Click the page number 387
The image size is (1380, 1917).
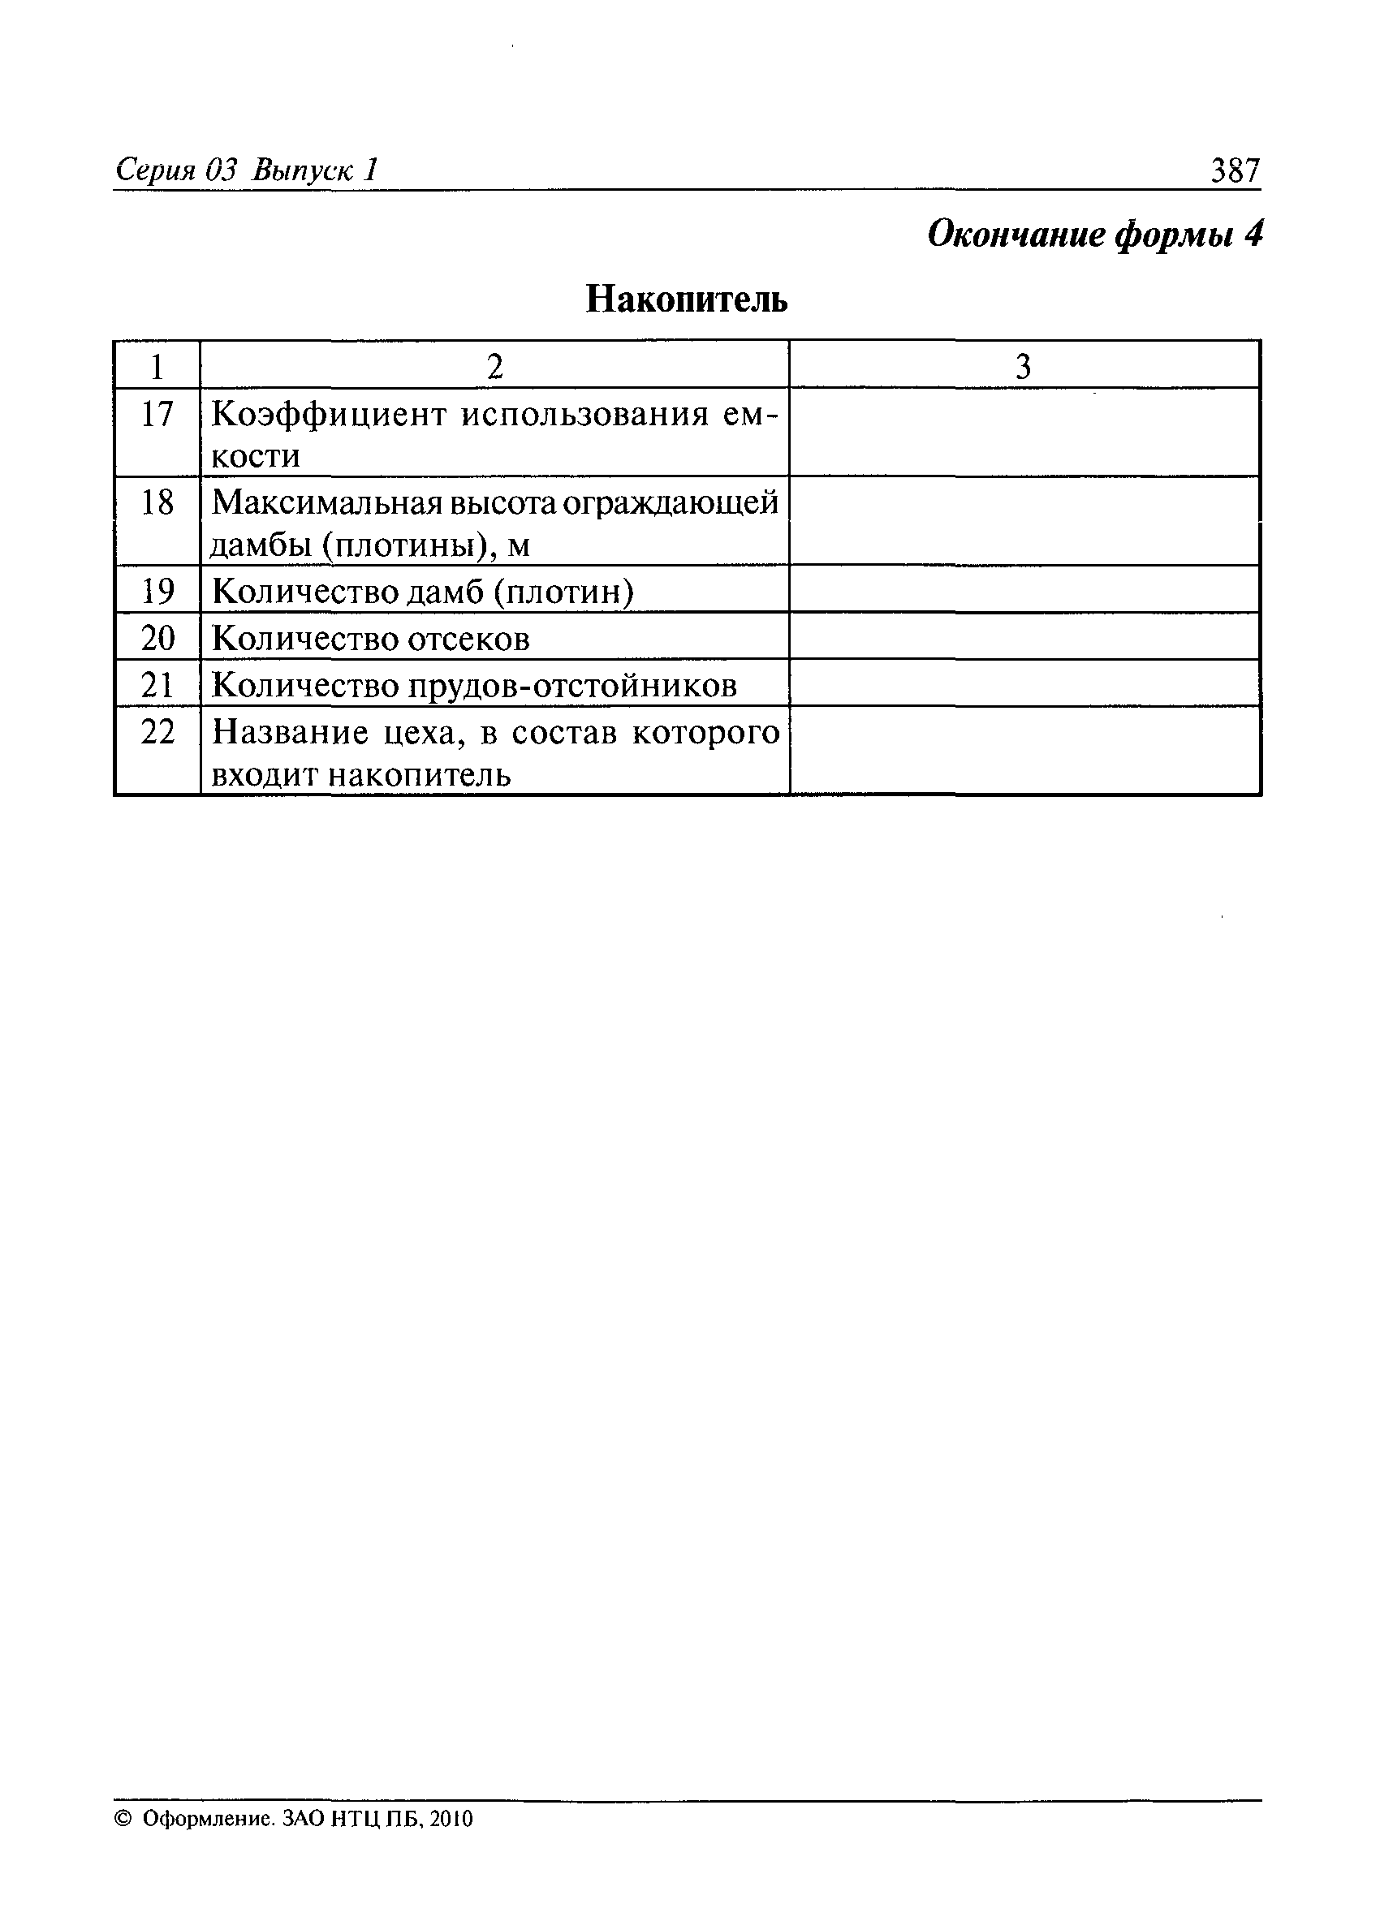pos(1235,171)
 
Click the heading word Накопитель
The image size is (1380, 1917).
pos(686,299)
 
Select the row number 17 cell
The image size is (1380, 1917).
pos(157,415)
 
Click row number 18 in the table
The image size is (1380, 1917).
pos(157,503)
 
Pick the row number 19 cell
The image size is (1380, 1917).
pos(157,591)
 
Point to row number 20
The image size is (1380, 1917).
pos(157,638)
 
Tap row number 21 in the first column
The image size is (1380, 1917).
pos(157,685)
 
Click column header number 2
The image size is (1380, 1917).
pos(495,367)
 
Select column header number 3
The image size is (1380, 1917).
pos(1023,367)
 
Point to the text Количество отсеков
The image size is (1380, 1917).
pos(370,638)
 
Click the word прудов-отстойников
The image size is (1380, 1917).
pos(572,686)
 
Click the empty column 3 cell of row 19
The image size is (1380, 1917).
pos(1023,590)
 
